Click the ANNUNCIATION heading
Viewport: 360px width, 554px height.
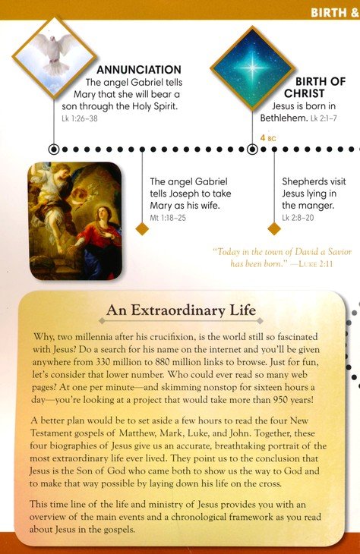click(x=139, y=70)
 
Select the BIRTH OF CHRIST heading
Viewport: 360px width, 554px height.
click(x=320, y=88)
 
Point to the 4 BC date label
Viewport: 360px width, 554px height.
click(x=268, y=138)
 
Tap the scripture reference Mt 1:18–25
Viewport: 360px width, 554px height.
click(x=168, y=218)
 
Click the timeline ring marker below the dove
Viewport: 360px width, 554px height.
click(x=54, y=150)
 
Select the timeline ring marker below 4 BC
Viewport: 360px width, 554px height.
click(x=252, y=150)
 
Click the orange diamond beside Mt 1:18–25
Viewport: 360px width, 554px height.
click(x=142, y=228)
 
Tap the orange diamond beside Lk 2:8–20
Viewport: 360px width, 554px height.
click(x=274, y=228)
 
